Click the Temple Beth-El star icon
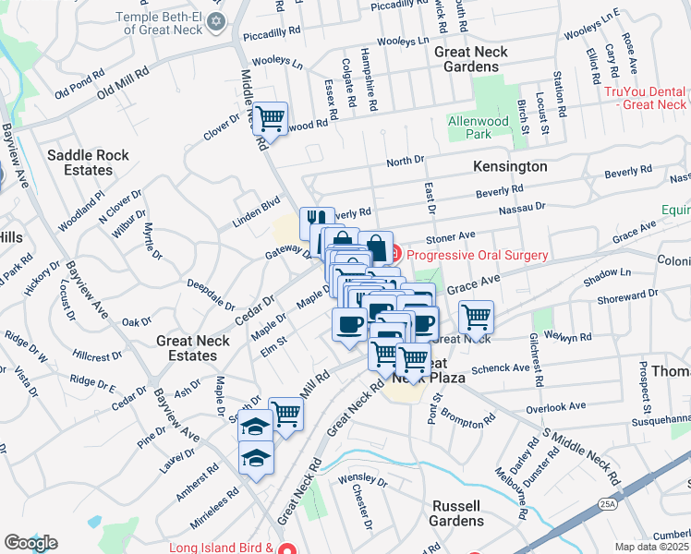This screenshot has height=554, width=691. (x=216, y=21)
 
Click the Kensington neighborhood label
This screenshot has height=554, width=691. (x=510, y=167)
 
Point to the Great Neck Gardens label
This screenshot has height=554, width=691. (x=471, y=59)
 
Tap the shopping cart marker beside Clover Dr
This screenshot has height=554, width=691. (x=270, y=118)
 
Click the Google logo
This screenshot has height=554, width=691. (x=30, y=543)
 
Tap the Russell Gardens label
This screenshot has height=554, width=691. (x=456, y=513)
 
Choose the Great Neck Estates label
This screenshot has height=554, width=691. (x=187, y=348)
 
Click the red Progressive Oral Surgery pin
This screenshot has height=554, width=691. (x=394, y=254)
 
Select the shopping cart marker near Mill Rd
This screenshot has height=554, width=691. (x=286, y=414)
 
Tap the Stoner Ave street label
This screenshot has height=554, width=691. (x=450, y=236)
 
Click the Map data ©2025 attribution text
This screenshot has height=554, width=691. (x=652, y=547)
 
